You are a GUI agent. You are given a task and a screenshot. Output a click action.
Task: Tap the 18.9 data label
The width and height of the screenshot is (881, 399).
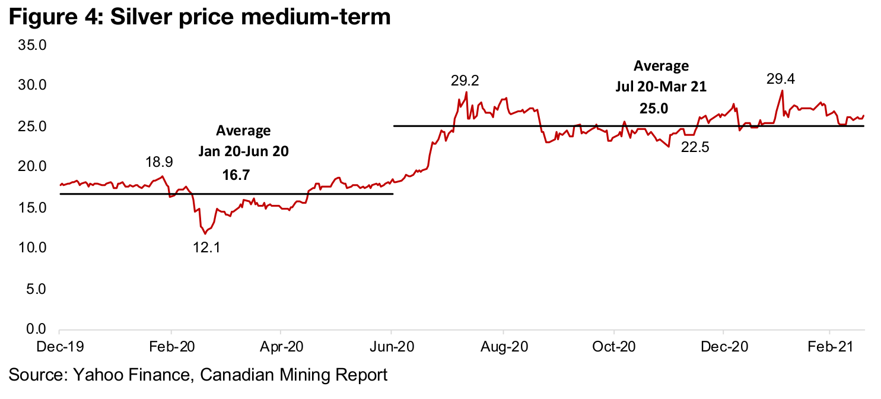(x=160, y=162)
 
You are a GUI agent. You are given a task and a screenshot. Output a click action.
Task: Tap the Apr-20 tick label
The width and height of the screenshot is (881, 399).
(x=281, y=345)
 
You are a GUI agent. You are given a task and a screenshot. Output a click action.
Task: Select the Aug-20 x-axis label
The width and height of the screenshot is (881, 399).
(x=503, y=345)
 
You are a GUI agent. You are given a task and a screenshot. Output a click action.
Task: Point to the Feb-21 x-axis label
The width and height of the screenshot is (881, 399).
(x=829, y=345)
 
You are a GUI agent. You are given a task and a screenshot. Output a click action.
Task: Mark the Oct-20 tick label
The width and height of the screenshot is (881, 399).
(x=614, y=345)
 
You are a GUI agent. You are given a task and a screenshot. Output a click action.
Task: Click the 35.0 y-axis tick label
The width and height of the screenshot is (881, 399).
(x=34, y=45)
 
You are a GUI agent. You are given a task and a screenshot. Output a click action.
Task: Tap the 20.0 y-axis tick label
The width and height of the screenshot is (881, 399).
(x=34, y=167)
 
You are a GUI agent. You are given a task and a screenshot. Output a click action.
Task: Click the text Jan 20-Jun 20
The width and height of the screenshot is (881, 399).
(x=243, y=151)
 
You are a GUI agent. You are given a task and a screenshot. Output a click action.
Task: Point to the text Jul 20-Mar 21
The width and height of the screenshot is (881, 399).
(x=661, y=87)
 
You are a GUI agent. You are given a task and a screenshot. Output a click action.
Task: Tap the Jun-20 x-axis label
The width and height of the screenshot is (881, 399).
(x=392, y=345)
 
